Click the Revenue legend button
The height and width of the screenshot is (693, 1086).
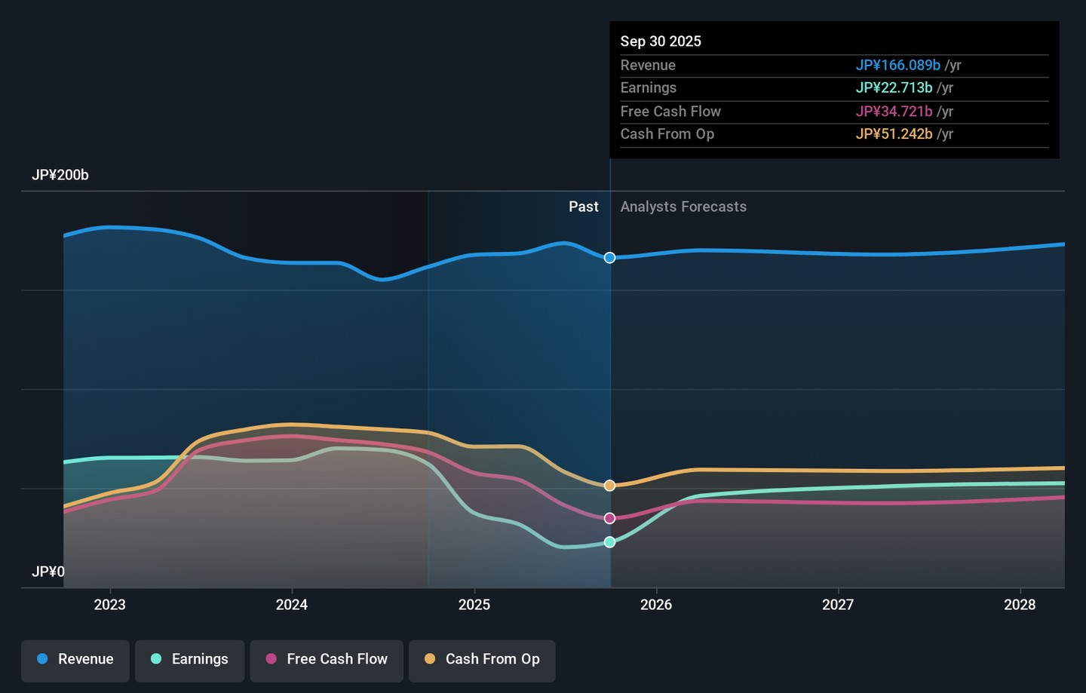[75, 659]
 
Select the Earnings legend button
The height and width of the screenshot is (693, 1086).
[189, 659]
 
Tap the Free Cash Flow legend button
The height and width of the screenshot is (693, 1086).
[327, 659]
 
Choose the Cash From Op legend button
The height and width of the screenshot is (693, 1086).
[482, 659]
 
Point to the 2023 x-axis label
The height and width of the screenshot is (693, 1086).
[110, 605]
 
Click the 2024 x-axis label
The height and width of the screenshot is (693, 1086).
[292, 605]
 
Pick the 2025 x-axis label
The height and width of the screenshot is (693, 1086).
[474, 605]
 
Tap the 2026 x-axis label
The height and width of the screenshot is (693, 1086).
[656, 605]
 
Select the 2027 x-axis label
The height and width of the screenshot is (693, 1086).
[838, 605]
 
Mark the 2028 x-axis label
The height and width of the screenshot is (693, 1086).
[1020, 605]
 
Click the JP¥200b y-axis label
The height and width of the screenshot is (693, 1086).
[60, 175]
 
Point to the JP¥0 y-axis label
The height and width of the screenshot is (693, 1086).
[48, 572]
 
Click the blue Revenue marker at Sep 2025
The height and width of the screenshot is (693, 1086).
[609, 258]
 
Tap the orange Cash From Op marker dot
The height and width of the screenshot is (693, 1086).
[609, 486]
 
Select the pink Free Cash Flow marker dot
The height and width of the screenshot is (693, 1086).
[609, 518]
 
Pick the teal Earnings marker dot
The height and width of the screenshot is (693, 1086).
[609, 542]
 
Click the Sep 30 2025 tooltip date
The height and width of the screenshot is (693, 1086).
[661, 41]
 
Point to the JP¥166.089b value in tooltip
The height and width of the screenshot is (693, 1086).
[897, 66]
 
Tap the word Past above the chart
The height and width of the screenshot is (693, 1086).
[584, 207]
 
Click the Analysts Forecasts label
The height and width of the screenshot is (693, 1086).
[683, 207]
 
